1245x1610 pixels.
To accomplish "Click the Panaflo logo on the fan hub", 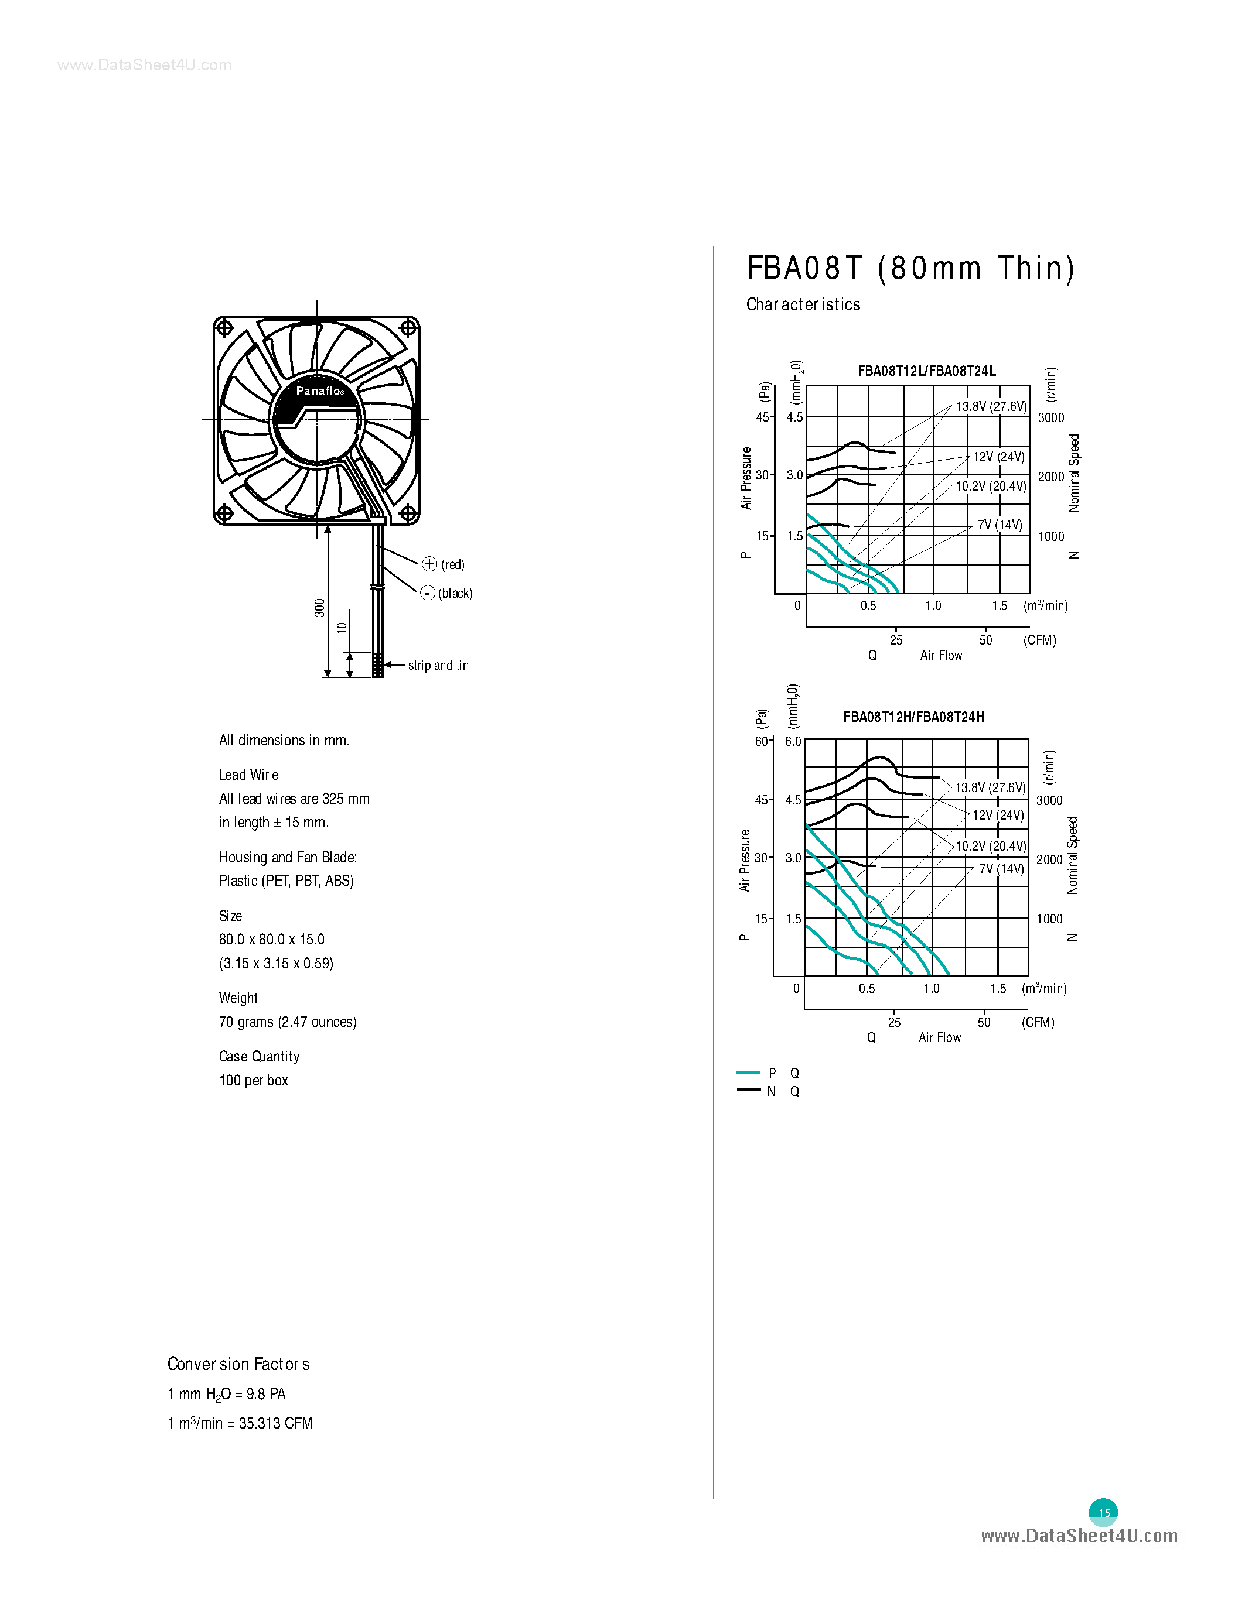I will (319, 390).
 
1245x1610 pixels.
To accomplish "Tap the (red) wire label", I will (452, 565).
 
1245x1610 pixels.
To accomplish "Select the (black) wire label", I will (455, 594).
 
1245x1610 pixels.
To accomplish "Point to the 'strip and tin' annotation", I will (438, 665).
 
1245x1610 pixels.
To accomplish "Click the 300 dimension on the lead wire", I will (319, 608).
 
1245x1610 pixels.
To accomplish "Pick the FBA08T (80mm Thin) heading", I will (911, 268).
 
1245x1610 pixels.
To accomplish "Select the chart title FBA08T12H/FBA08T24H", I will (913, 717).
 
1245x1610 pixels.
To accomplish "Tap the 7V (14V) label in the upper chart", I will (1000, 525).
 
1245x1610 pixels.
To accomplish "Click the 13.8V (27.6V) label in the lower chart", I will (990, 787).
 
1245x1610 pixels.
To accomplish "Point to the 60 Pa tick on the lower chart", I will (761, 741).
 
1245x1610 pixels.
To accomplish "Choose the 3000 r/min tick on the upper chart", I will (1051, 417).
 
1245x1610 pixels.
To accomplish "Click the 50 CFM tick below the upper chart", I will (985, 640).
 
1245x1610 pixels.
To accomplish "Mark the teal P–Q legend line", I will (748, 1073).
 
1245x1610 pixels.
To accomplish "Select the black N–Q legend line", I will (748, 1090).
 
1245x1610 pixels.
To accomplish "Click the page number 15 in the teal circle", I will (1103, 1513).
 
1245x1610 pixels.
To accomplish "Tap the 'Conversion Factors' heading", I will (238, 1364).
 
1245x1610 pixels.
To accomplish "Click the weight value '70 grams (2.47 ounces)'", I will (288, 1022).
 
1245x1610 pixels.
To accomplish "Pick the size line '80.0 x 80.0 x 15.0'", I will (271, 939).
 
